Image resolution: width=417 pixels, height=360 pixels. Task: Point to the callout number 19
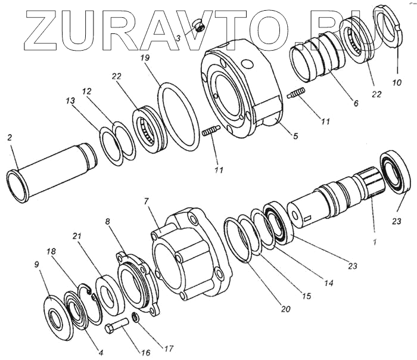tap(144, 60)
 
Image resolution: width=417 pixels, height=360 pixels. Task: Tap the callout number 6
tap(356, 103)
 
